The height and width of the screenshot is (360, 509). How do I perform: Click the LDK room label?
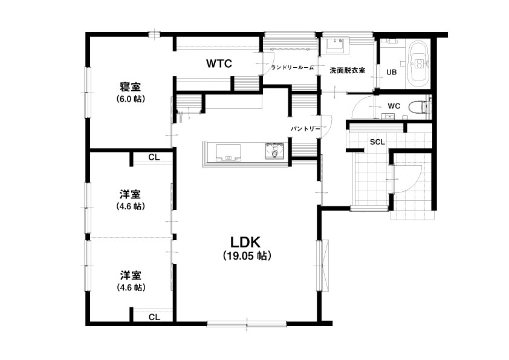tap(245, 243)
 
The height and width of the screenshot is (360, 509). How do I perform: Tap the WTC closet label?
tap(219, 64)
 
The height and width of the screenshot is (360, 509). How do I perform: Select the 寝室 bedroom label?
tap(131, 87)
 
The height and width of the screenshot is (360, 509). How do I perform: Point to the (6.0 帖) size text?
tap(131, 99)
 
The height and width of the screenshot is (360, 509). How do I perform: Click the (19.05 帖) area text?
tap(247, 256)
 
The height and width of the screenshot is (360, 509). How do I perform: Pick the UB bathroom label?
tap(392, 72)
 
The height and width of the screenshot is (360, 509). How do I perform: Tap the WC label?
tap(394, 106)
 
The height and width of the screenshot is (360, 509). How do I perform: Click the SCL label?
tap(378, 142)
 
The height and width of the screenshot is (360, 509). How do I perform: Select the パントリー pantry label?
tap(305, 129)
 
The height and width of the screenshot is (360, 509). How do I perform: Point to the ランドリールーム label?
tap(293, 68)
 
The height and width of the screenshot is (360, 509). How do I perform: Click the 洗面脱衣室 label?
tap(348, 70)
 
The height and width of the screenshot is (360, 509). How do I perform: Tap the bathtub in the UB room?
tap(419, 64)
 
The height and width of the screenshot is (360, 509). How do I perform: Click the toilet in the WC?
tap(419, 107)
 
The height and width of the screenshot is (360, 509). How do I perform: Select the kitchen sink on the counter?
tap(229, 152)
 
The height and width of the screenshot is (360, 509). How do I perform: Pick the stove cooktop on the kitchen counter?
tap(274, 151)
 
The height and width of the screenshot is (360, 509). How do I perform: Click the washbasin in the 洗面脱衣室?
tap(336, 44)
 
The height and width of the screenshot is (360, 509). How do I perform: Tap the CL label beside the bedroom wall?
tap(154, 157)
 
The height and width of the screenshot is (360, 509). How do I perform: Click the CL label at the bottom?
tap(155, 317)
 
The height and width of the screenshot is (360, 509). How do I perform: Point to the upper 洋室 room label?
tap(131, 195)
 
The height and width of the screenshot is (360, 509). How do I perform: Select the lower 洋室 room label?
tap(131, 276)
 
